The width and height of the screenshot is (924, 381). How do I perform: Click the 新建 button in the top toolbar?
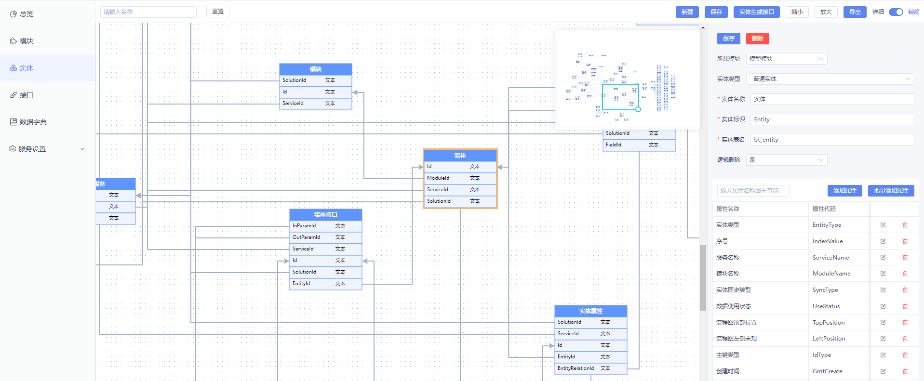(687, 12)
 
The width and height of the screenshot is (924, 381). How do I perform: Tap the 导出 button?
(855, 12)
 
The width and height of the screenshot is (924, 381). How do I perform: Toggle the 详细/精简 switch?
(896, 12)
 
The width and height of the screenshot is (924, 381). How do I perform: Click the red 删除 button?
(757, 39)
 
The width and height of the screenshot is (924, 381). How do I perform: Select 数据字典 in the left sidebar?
(33, 122)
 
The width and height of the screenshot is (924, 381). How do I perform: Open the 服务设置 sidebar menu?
(47, 149)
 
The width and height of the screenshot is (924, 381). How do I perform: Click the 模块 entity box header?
(316, 69)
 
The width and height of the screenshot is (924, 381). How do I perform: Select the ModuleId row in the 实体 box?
(460, 178)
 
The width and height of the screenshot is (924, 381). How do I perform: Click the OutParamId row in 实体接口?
(325, 237)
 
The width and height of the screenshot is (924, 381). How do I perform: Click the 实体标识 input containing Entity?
(831, 119)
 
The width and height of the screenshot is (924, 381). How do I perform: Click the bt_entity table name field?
(831, 140)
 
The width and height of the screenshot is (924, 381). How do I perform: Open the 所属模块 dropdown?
(786, 59)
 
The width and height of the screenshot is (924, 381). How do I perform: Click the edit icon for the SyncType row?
(883, 290)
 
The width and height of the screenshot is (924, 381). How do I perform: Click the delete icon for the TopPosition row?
(905, 323)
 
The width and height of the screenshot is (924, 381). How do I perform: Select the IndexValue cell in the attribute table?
(828, 241)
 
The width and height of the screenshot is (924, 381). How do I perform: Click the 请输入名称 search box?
(148, 12)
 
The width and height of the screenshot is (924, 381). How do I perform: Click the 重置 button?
(218, 12)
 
